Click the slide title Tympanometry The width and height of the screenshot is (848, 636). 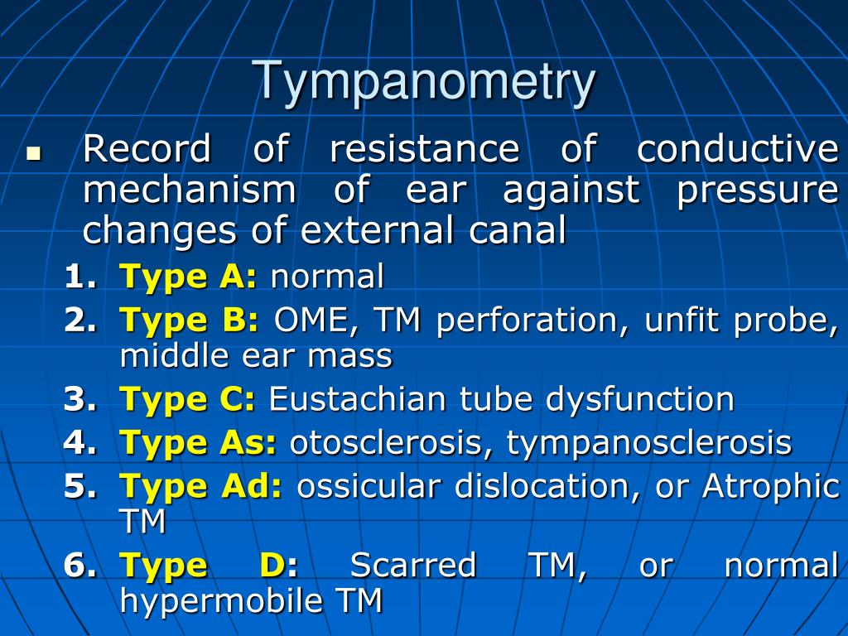tap(425, 82)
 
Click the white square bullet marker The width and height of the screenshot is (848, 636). tap(33, 153)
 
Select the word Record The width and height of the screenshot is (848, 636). tap(147, 150)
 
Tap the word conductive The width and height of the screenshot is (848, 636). tap(737, 150)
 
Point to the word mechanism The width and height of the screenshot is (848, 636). tap(189, 190)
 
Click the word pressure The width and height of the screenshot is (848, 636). tap(757, 192)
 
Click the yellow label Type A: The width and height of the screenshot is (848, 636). tap(189, 277)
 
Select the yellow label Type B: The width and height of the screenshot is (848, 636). tap(190, 320)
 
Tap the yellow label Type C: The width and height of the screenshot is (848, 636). tap(188, 400)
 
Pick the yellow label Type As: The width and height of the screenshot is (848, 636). tap(199, 443)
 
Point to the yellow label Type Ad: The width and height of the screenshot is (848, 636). tap(201, 486)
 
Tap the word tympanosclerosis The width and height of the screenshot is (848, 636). tap(649, 443)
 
